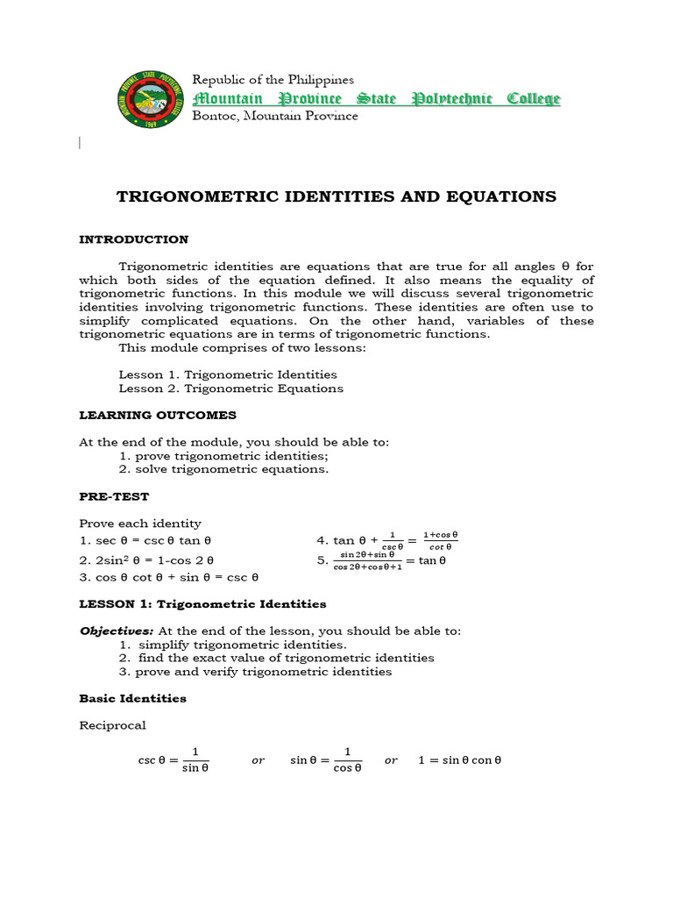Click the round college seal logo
[149, 97]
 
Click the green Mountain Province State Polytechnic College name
[376, 98]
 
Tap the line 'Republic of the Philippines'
[273, 80]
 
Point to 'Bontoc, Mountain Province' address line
[274, 116]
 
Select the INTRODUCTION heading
[133, 239]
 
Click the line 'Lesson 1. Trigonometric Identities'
[227, 374]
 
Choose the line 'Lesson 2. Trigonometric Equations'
[230, 388]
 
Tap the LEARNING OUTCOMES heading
[158, 415]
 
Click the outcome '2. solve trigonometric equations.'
[223, 469]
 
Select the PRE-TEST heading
[114, 496]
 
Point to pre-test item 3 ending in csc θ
[168, 577]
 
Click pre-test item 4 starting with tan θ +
[387, 539]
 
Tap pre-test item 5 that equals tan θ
[382, 560]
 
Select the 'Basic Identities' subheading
[132, 698]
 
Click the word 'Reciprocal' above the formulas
[112, 725]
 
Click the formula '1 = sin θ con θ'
[459, 760]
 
